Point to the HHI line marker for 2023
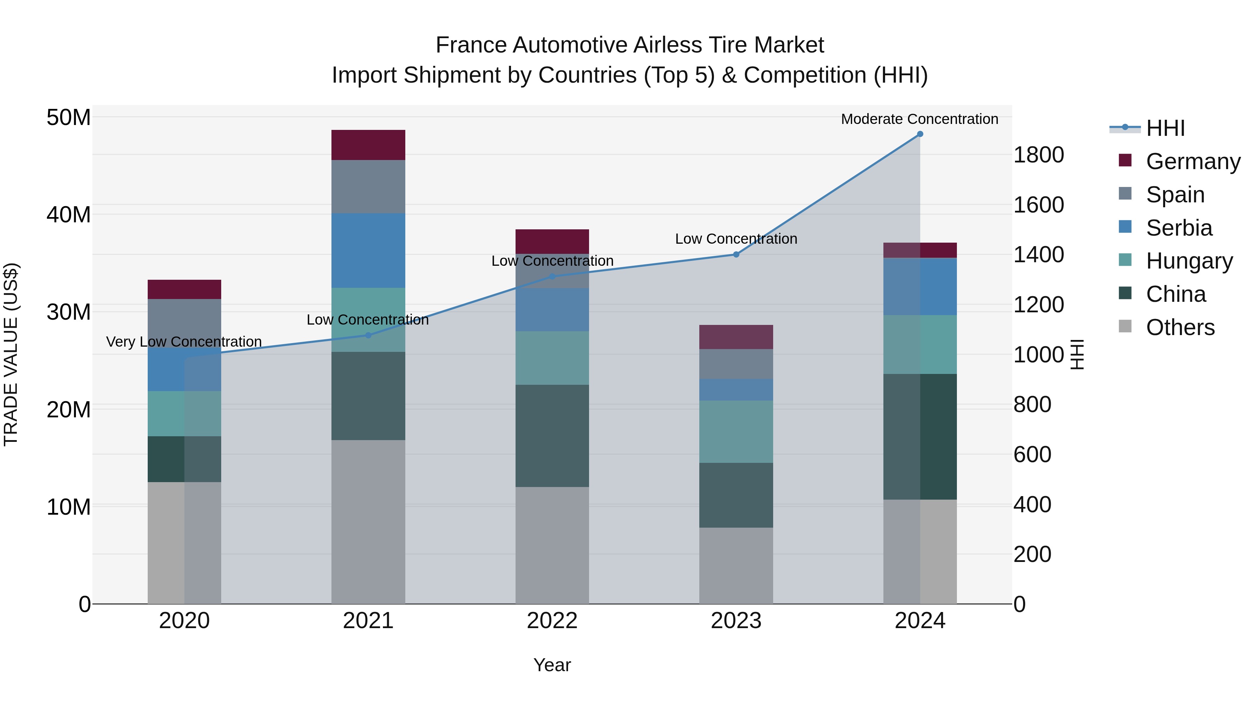coord(736,255)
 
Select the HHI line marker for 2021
coord(368,335)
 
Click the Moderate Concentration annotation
coord(919,119)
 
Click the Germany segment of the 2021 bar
coord(368,145)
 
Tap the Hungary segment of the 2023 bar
coord(736,432)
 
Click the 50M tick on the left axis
coord(69,117)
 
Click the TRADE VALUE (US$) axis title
coord(11,354)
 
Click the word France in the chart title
coord(470,45)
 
